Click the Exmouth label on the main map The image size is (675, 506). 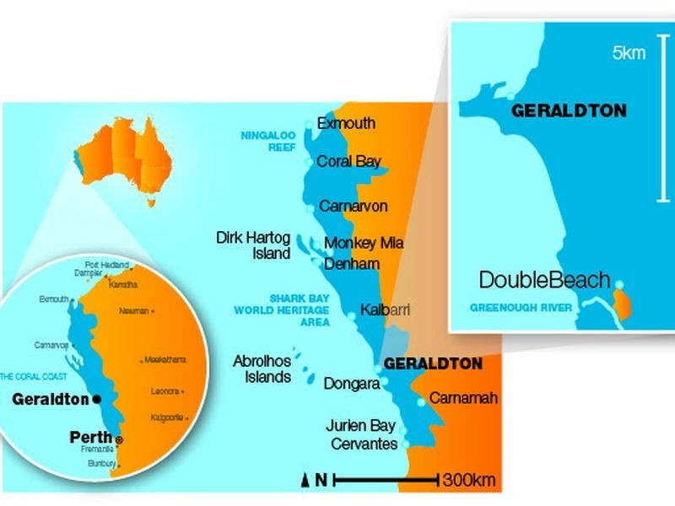tap(346, 124)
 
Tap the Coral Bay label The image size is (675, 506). tap(348, 162)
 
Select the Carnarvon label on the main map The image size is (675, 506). tap(353, 206)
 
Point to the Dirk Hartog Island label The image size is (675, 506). tap(253, 245)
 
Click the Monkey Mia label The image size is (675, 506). tap(364, 243)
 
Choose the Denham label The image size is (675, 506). tap(352, 264)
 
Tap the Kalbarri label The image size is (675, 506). tap(385, 310)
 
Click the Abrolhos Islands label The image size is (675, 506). tap(262, 369)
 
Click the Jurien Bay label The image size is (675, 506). tap(361, 427)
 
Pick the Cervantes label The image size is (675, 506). tap(364, 444)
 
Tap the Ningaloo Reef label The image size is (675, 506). tap(265, 140)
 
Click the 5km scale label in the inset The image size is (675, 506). tap(629, 54)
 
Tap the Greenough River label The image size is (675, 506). tap(521, 307)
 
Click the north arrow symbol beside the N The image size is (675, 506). tap(306, 481)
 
